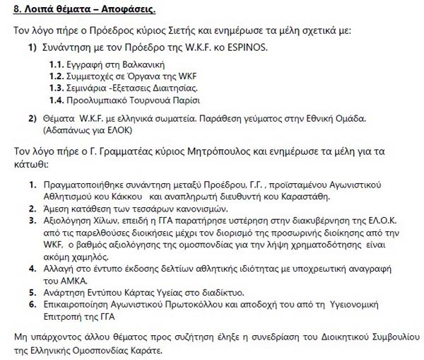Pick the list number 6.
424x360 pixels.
coord(32,303)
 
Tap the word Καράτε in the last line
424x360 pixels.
coord(143,350)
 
